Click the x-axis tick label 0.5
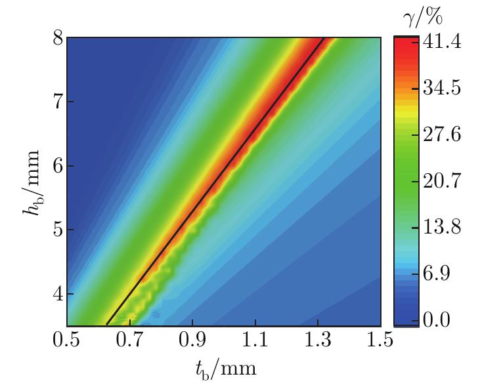click(66, 341)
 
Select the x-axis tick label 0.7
click(129, 341)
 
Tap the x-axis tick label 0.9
click(192, 341)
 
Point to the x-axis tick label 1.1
click(255, 341)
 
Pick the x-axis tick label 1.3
click(317, 341)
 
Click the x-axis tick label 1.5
click(380, 341)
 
